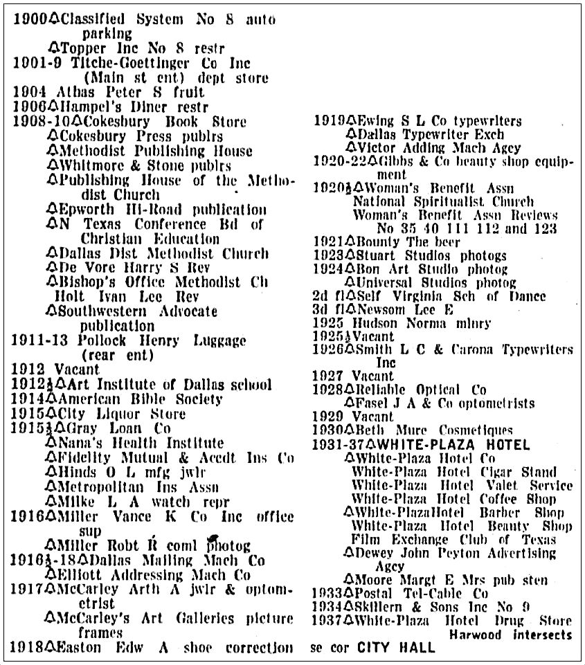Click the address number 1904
tap(28, 92)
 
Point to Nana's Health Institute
tap(132, 442)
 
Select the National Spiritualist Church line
tap(443, 201)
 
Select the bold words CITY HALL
tap(396, 648)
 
